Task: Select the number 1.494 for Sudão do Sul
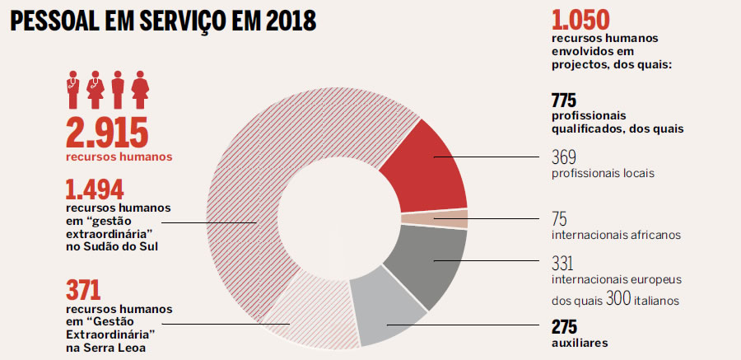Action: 95,190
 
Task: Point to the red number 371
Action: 82,290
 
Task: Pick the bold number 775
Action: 564,101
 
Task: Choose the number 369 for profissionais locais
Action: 564,157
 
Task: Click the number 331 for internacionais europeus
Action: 563,263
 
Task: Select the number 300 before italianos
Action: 618,298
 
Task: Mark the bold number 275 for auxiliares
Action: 564,325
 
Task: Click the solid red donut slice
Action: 432,169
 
